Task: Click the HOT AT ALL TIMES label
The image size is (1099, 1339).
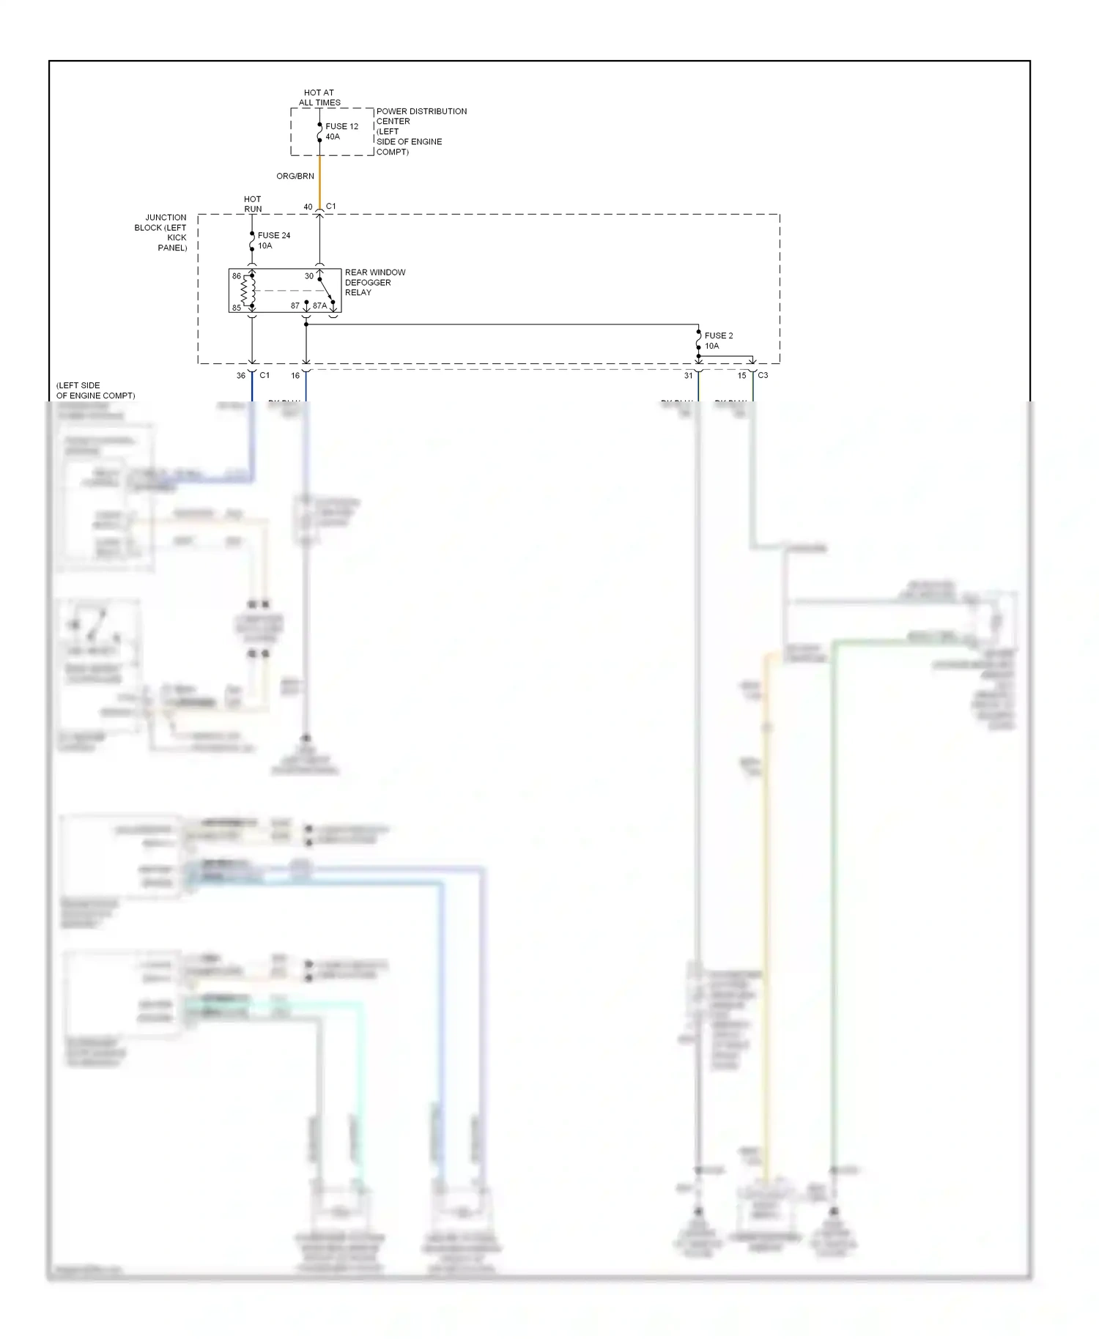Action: point(319,97)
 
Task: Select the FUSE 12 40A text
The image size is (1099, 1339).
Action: point(341,131)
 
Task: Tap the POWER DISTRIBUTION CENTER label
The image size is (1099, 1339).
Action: point(421,131)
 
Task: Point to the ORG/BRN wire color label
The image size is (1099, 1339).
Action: point(295,176)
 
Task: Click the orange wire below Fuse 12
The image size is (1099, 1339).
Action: point(319,183)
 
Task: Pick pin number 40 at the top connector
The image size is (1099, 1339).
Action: point(308,207)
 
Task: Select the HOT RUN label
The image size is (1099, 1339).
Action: point(253,204)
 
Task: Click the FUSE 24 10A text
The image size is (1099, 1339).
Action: point(273,240)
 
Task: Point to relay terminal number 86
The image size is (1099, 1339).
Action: point(237,276)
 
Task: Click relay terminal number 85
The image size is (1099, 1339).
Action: point(237,308)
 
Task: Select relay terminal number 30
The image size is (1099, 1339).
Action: point(309,276)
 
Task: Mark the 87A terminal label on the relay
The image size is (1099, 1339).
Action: point(320,305)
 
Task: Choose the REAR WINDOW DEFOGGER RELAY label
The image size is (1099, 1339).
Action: point(374,282)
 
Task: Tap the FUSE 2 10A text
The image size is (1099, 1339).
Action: point(718,341)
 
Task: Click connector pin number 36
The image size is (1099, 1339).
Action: point(241,376)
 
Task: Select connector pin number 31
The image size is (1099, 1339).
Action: point(688,376)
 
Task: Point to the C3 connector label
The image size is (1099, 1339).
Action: point(763,375)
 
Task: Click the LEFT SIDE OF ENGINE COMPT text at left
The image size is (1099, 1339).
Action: point(95,390)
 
